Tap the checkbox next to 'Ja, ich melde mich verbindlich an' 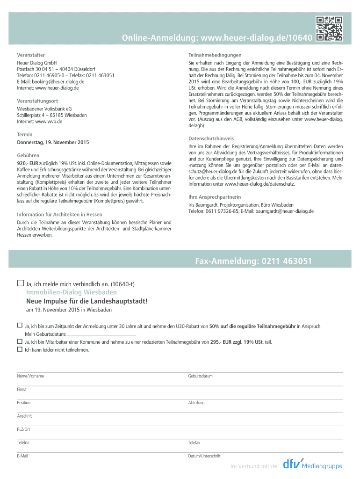20,283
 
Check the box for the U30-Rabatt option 20,325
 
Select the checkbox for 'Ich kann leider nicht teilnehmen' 20,349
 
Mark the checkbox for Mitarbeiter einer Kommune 20,342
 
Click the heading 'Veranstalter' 31,55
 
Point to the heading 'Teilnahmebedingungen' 215,55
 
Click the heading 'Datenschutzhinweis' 211,139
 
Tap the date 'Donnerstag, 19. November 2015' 53,142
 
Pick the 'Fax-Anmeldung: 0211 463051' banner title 253,261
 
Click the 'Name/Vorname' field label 31,376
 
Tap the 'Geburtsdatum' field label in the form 201,376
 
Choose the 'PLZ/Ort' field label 23,429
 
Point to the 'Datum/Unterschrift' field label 204,456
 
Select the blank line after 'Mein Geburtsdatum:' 102,335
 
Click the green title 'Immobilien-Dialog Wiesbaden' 65,292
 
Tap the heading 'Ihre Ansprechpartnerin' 215,197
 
